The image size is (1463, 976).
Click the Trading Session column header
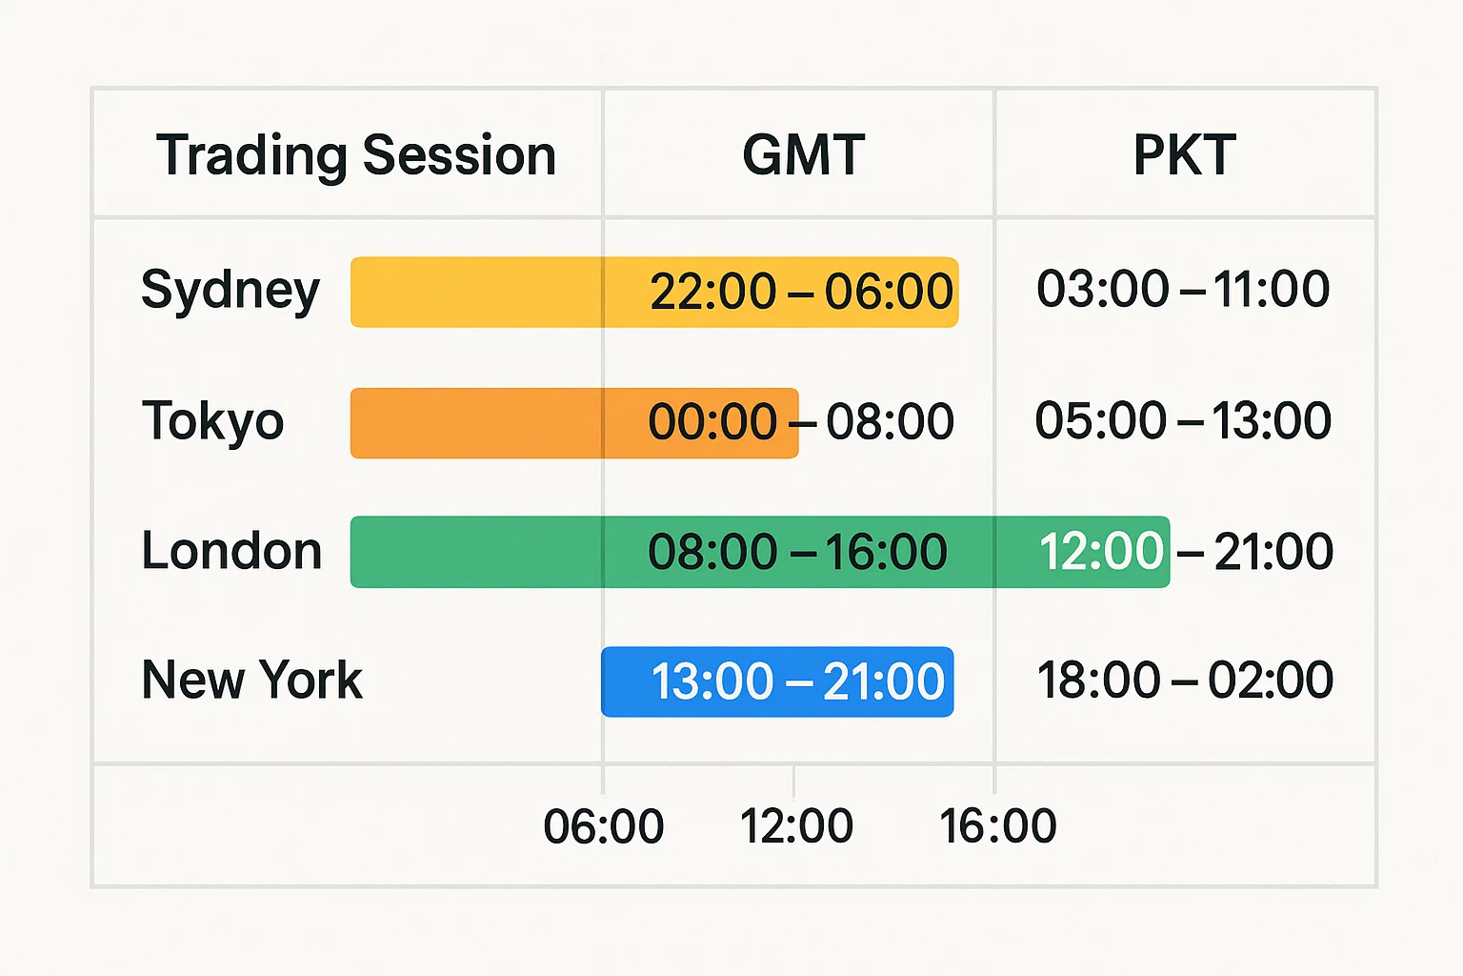356,155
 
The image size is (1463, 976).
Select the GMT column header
803,155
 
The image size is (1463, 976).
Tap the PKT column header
1184,155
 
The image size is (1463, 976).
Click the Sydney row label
230,291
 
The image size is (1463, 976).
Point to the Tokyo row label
213,421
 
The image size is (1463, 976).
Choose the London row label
231,552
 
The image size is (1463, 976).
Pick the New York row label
251,681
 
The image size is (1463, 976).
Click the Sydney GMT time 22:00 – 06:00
801,292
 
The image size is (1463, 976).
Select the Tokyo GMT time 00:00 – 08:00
801,421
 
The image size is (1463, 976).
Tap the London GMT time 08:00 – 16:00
797,552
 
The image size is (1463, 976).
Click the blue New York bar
777,681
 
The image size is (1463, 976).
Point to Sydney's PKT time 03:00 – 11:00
1183,289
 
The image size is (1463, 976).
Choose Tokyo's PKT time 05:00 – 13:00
1183,420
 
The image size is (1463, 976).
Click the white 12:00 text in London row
1101,552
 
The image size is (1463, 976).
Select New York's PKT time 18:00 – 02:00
1184,681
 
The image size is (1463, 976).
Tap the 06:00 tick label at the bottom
603,826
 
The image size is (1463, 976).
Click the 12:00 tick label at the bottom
796,826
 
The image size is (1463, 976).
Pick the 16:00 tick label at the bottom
997,826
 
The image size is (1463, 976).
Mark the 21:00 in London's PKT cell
1273,552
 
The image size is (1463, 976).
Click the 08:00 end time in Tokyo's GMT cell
890,421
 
